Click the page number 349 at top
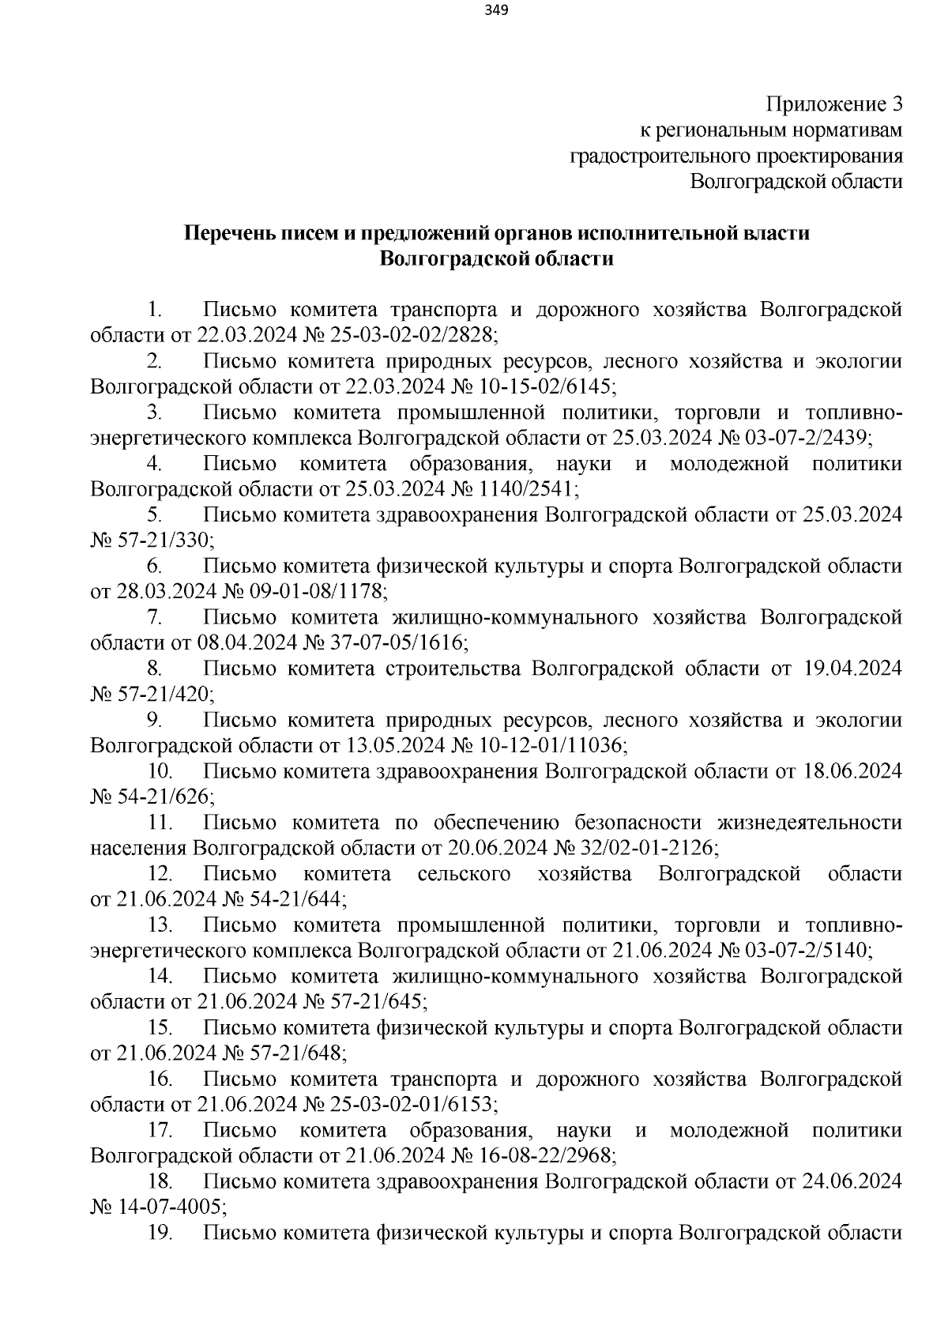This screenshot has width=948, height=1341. click(x=496, y=10)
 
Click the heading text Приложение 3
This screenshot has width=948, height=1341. click(x=834, y=104)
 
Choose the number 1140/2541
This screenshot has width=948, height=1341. click(x=528, y=489)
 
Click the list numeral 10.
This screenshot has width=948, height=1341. click(x=160, y=771)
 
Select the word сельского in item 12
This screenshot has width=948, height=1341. click(x=464, y=874)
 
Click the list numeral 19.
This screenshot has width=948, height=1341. click(x=160, y=1233)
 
